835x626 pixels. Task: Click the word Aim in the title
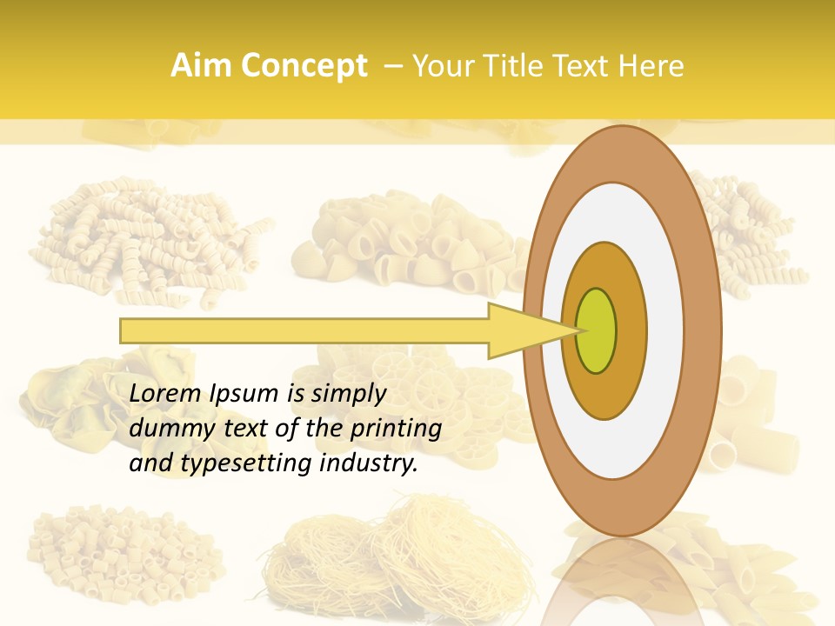(201, 66)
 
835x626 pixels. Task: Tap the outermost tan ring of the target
(623, 156)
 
